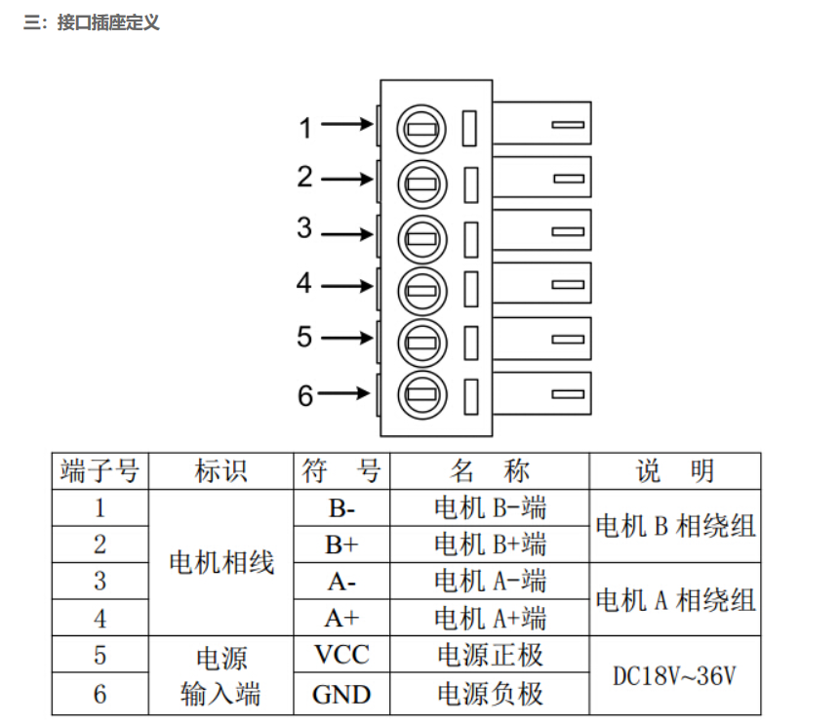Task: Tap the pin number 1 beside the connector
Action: [305, 127]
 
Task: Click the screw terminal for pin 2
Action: [421, 182]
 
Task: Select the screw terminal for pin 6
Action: [421, 395]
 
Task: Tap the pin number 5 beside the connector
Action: [305, 338]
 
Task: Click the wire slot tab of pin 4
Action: [541, 285]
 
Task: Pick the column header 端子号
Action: [100, 471]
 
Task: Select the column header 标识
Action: [220, 471]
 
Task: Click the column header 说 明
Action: [675, 471]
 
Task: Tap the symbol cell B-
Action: [341, 508]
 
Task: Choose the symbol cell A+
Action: [341, 618]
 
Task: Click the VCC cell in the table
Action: [341, 655]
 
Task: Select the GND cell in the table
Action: [341, 694]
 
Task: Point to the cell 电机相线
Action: [220, 563]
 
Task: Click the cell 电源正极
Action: [490, 655]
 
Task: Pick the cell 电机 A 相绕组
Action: [675, 599]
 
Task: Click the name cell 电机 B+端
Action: [490, 545]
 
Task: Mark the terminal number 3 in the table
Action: [100, 581]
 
